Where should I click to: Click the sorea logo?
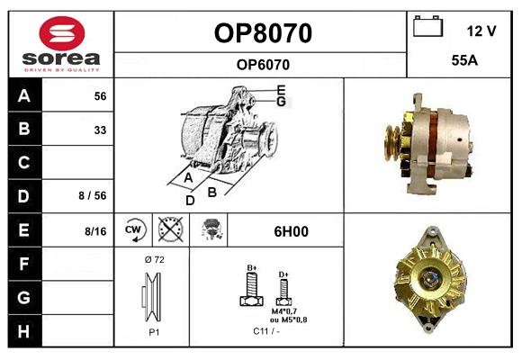click(x=60, y=44)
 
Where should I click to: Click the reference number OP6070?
click(x=263, y=64)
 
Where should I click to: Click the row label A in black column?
click(x=24, y=96)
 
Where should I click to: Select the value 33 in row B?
click(x=100, y=130)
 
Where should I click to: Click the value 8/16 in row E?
click(x=95, y=231)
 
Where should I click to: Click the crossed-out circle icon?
click(x=170, y=230)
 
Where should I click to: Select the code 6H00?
click(x=291, y=231)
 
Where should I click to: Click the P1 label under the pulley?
click(x=154, y=332)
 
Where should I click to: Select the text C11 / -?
click(x=265, y=332)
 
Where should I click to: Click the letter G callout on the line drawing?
click(x=282, y=102)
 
